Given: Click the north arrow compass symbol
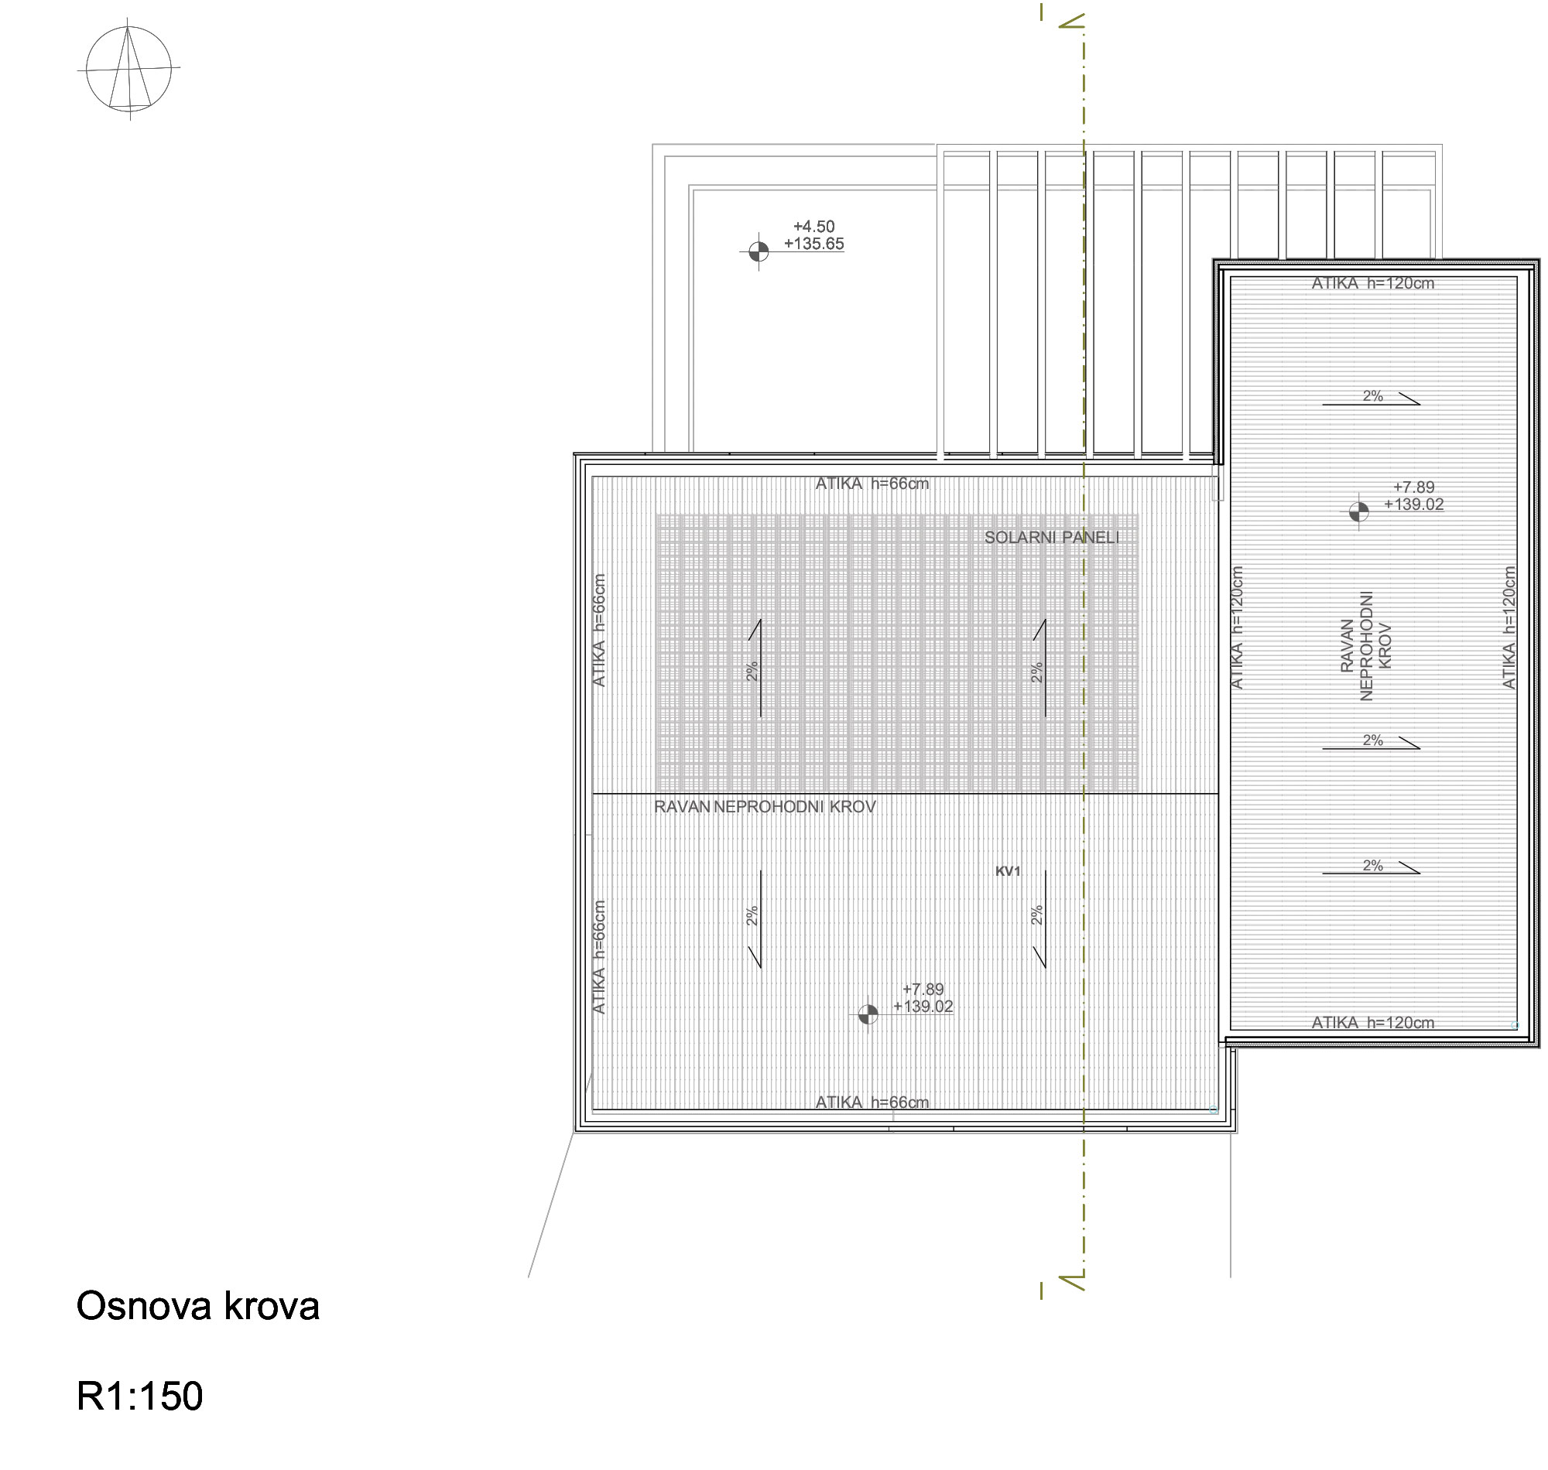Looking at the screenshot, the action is (x=128, y=69).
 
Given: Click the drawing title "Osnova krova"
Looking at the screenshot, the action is (x=197, y=1305).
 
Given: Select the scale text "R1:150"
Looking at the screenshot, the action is (x=139, y=1396).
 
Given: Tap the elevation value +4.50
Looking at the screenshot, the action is (x=813, y=227).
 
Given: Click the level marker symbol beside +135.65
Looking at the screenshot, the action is (x=758, y=251).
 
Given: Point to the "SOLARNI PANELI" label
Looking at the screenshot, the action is (x=1052, y=538).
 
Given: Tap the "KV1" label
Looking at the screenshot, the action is (x=1008, y=871).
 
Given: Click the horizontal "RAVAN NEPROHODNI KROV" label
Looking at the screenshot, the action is (x=765, y=807).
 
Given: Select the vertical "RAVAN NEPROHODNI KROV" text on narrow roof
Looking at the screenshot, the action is (x=1366, y=646).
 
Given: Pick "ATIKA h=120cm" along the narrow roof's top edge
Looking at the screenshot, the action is (x=1373, y=284).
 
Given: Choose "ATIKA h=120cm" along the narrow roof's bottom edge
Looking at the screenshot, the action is (x=1373, y=1023).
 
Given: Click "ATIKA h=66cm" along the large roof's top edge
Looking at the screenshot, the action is (x=872, y=484).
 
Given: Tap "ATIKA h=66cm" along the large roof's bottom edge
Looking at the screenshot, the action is (x=872, y=1102).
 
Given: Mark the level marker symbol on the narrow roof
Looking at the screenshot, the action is (x=1358, y=511).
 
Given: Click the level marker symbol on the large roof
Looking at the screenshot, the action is (x=868, y=1015).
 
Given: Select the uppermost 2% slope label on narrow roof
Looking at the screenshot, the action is (x=1372, y=396).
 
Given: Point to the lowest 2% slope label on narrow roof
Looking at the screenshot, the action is (x=1372, y=866).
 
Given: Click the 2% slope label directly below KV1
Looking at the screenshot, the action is (x=1037, y=915).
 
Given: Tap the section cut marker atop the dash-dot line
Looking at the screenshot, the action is (x=1070, y=19).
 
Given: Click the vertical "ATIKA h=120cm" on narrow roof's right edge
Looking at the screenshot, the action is (x=1509, y=627).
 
